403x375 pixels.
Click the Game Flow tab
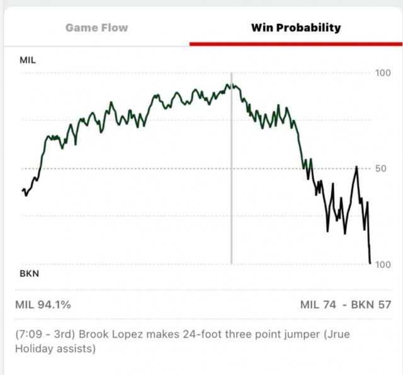coord(96,28)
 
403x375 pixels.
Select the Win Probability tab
coord(296,28)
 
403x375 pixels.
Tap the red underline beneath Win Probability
coord(296,44)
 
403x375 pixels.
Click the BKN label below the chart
coord(28,274)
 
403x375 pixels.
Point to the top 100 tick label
coord(383,73)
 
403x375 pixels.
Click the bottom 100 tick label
coord(383,265)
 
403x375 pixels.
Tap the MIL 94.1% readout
coord(43,305)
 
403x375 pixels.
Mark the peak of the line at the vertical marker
coord(231,86)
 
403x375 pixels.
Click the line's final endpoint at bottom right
coord(370,262)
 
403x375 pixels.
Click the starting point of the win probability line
coord(23,189)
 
